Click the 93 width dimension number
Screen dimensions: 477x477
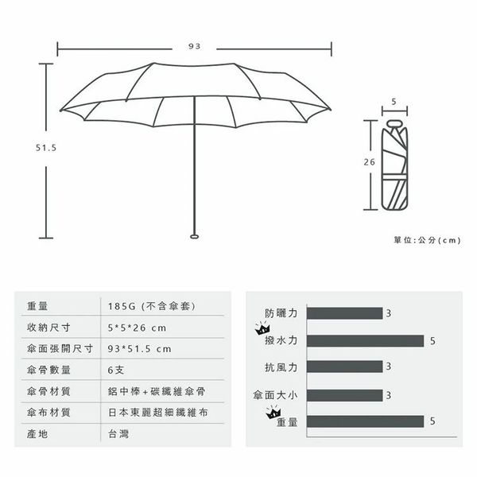tap(195, 46)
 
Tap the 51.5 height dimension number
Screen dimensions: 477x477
tap(46, 148)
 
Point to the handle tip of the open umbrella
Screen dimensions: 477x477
tap(195, 236)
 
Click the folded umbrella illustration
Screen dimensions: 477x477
tap(394, 165)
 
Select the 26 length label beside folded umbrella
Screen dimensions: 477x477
tap(370, 162)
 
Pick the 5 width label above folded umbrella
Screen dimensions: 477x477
tap(394, 102)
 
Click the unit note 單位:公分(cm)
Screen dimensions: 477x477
tap(427, 240)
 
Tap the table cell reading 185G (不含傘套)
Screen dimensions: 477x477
tap(152, 306)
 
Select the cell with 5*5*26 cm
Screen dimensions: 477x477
tap(138, 328)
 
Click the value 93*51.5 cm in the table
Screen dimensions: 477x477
tap(140, 349)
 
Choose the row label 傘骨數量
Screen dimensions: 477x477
tap(48, 370)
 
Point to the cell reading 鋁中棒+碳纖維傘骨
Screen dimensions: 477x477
tap(157, 391)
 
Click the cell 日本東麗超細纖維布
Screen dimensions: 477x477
tap(158, 413)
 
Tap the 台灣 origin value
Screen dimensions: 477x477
tap(118, 434)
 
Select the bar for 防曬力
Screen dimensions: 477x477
tap(345, 313)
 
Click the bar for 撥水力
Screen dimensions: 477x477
tap(366, 341)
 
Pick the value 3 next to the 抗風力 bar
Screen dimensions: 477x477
tap(389, 366)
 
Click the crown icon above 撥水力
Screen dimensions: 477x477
tap(262, 328)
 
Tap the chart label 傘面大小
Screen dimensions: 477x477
tap(275, 395)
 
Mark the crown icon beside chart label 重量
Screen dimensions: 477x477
tap(273, 412)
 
